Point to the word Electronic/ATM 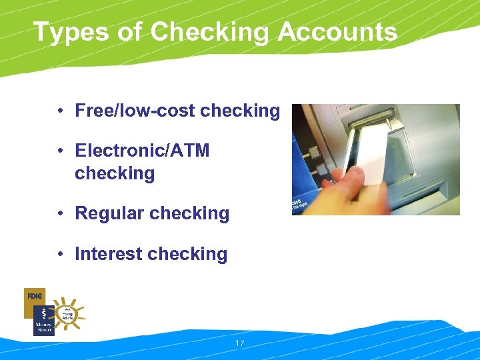[x=142, y=151]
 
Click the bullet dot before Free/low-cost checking [x=60, y=111]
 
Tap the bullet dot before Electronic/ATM [x=60, y=151]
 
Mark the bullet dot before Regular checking [x=60, y=214]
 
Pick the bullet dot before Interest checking [x=60, y=255]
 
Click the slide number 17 [x=240, y=343]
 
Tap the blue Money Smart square [x=43, y=321]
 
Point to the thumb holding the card [x=350, y=177]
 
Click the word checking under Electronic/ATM [x=115, y=173]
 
